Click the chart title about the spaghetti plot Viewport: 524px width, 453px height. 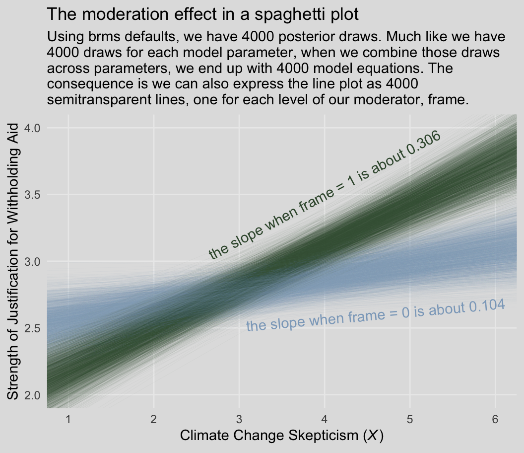[x=202, y=14]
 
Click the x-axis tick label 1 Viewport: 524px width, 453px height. [x=68, y=420]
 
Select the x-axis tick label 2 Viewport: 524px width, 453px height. [x=154, y=420]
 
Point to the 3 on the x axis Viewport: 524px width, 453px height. [x=239, y=420]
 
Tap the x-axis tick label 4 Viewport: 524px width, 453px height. [x=325, y=420]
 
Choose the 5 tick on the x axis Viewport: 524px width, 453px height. [x=410, y=420]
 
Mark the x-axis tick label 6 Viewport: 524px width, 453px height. [x=495, y=420]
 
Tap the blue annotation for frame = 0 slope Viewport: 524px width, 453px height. [x=376, y=316]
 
